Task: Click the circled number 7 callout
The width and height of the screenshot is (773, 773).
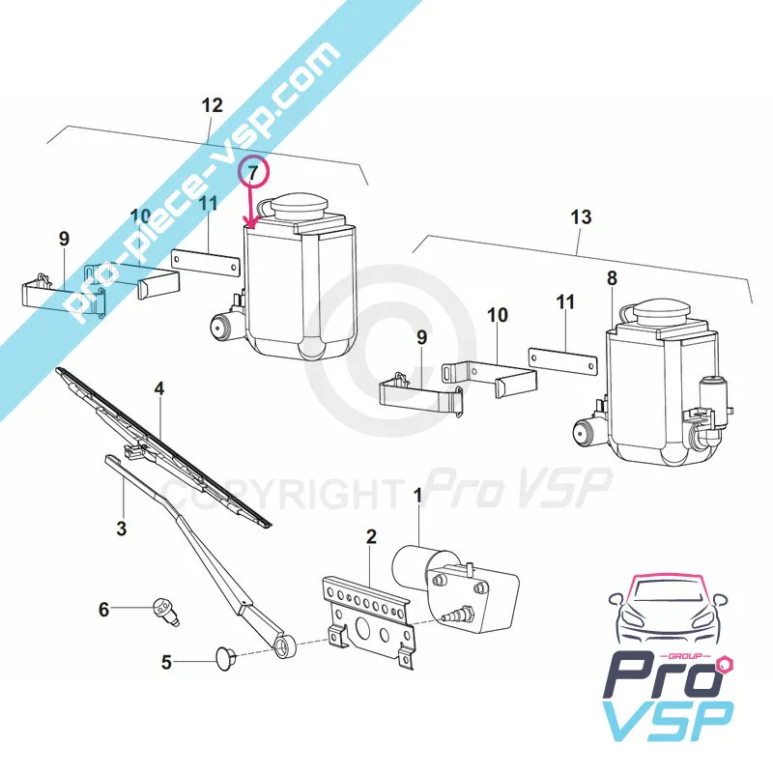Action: tap(253, 173)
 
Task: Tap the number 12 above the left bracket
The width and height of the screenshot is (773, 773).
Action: tap(212, 105)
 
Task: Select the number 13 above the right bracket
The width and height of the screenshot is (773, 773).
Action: tap(581, 216)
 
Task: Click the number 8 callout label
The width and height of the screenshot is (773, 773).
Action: tap(612, 278)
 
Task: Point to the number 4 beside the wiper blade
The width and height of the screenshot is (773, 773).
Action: tap(158, 389)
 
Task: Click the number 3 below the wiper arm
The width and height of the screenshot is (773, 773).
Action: tap(122, 529)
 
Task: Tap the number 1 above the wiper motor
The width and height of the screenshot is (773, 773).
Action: tap(418, 496)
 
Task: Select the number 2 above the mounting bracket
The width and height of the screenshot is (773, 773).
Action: tap(371, 536)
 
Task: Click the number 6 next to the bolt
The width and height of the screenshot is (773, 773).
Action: tap(103, 610)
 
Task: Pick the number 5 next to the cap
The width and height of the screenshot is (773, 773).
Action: tap(166, 662)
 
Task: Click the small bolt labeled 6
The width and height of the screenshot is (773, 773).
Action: tap(165, 612)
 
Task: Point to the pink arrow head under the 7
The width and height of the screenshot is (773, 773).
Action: tap(253, 225)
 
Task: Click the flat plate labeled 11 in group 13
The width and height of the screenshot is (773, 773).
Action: tap(562, 362)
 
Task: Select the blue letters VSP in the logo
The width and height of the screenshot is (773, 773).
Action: tap(669, 720)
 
